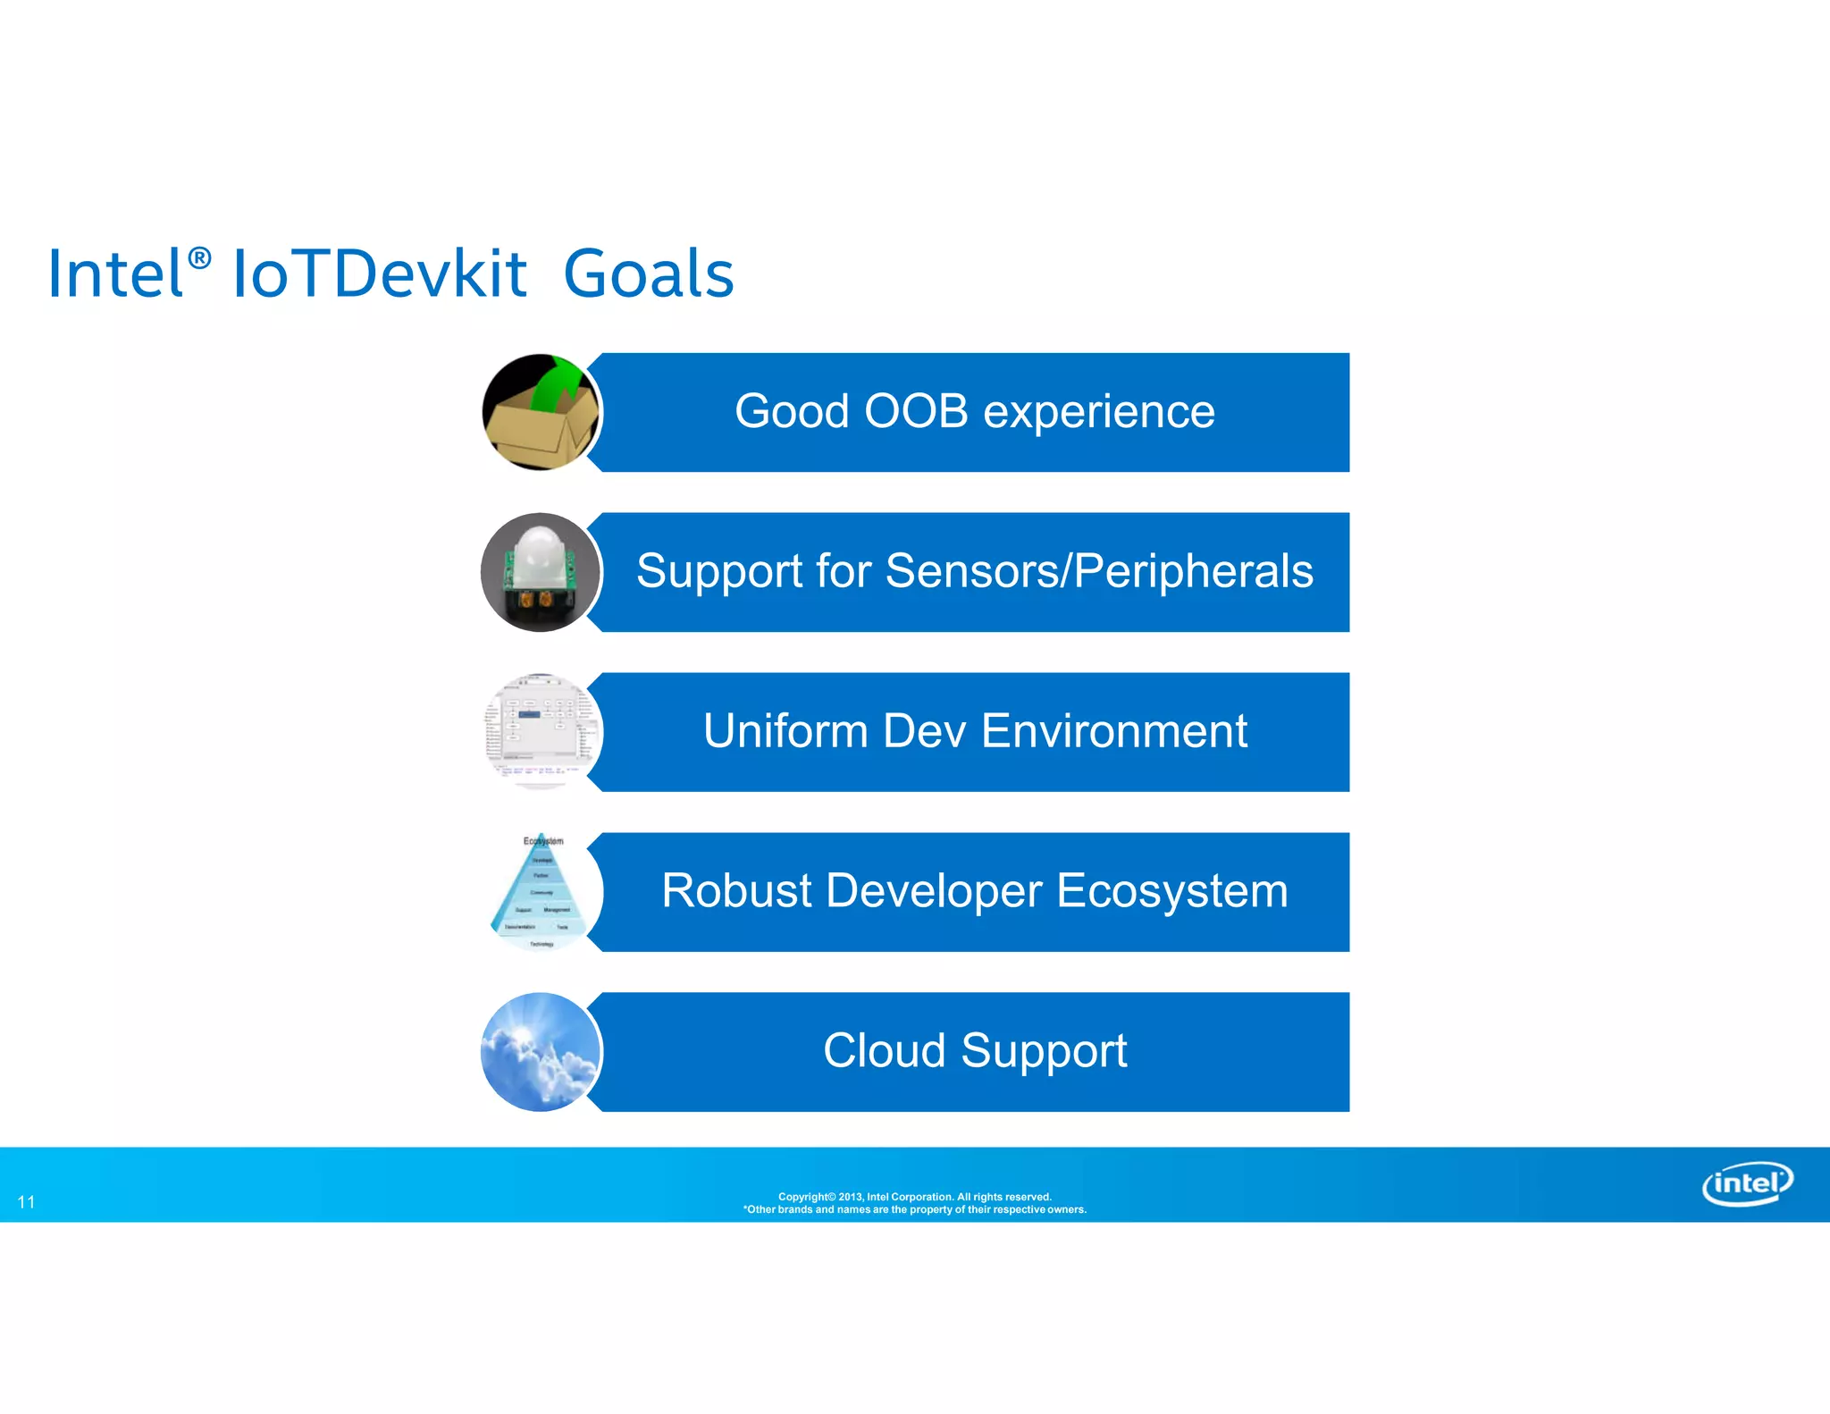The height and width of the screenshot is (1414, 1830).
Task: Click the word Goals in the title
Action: tap(649, 274)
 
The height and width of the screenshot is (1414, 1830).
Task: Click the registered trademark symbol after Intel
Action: tap(200, 258)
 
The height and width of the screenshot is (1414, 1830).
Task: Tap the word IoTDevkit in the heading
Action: tap(380, 274)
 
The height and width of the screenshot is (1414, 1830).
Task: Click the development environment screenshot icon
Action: tap(541, 732)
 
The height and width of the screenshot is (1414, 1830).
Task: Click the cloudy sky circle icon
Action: tap(539, 1052)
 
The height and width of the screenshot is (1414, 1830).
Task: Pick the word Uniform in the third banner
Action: tap(785, 731)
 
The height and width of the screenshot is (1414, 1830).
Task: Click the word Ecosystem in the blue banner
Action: tap(1172, 891)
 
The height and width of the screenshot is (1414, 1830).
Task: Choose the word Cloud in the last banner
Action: tap(884, 1051)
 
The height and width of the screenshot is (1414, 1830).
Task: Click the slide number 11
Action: tap(27, 1202)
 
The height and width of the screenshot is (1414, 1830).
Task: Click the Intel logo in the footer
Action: tap(1746, 1184)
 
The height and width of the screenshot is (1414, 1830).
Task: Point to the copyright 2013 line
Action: tap(914, 1197)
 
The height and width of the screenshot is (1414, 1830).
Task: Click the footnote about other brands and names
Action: tap(914, 1210)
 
